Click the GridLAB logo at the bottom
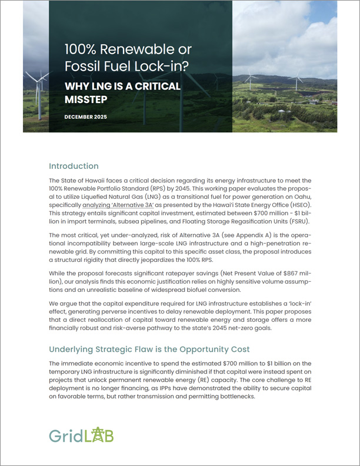(x=81, y=435)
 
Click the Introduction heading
(x=74, y=166)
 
